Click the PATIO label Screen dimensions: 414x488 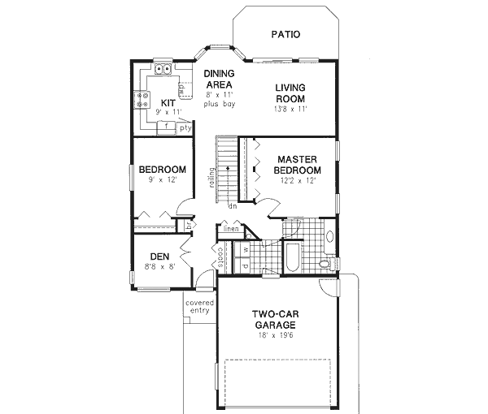click(284, 35)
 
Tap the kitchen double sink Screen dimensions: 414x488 click(161, 70)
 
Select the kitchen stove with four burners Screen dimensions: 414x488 click(142, 100)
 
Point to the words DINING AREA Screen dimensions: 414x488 click(219, 79)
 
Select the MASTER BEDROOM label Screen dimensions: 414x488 click(298, 166)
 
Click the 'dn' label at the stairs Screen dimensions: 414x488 click(232, 206)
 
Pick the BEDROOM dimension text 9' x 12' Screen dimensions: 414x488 click(162, 180)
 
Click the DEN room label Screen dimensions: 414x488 click(159, 257)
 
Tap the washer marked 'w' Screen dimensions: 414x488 click(245, 249)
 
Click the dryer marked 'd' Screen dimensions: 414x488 click(245, 265)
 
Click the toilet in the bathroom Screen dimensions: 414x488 click(325, 264)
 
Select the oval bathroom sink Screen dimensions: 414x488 click(329, 238)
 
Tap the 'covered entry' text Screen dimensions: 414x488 click(199, 306)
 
